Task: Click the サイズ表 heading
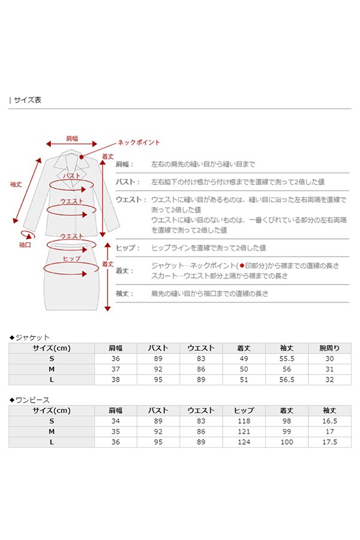coord(27,100)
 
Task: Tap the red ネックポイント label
coord(139,142)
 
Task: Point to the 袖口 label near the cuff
coord(25,245)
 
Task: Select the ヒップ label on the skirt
coord(72,258)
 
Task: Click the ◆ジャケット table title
coord(30,337)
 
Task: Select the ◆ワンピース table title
coord(30,399)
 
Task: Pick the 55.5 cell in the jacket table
coord(287,358)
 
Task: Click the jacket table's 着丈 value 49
coord(244,358)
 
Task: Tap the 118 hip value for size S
coord(244,421)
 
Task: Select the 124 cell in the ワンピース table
coord(244,442)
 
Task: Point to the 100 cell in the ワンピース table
coord(287,442)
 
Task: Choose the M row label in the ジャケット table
coord(52,369)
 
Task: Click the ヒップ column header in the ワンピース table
coord(244,410)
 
